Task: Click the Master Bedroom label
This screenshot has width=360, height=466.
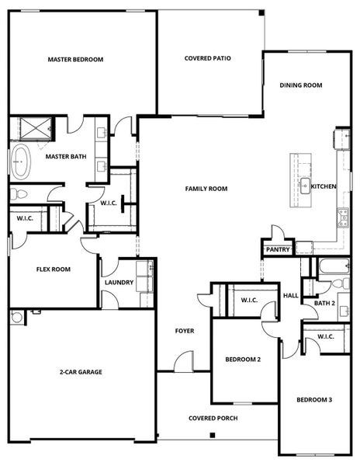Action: pyautogui.click(x=75, y=59)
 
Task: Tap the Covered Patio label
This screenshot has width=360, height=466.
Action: pyautogui.click(x=208, y=58)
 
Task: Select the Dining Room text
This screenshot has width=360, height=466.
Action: pyautogui.click(x=301, y=85)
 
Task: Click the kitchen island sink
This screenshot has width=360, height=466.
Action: pyautogui.click(x=306, y=186)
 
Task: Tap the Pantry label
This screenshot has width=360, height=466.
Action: pyautogui.click(x=278, y=249)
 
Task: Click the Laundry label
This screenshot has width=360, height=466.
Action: pyautogui.click(x=119, y=283)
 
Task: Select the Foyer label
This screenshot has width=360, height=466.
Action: pyautogui.click(x=184, y=331)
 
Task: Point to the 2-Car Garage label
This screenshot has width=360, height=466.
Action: pyautogui.click(x=81, y=371)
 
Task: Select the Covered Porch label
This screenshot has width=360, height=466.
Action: pyautogui.click(x=213, y=418)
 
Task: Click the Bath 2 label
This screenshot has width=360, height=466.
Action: pyautogui.click(x=324, y=303)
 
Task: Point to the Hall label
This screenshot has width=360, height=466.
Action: pyautogui.click(x=291, y=295)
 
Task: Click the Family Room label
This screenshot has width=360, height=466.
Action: pyautogui.click(x=206, y=189)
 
